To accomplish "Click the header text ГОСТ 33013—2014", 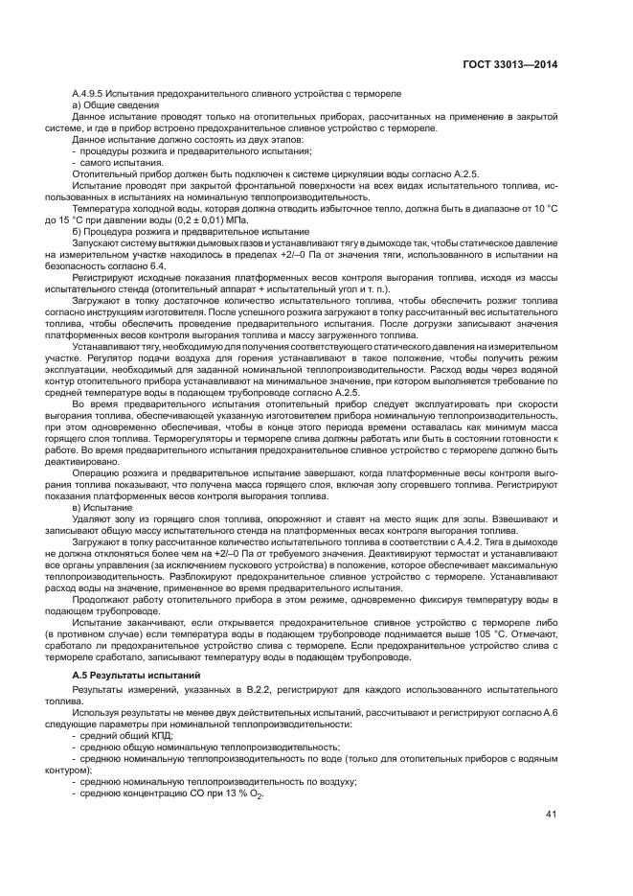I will (x=508, y=64).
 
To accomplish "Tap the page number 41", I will (x=551, y=815).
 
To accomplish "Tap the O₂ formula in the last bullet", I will (x=257, y=794).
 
